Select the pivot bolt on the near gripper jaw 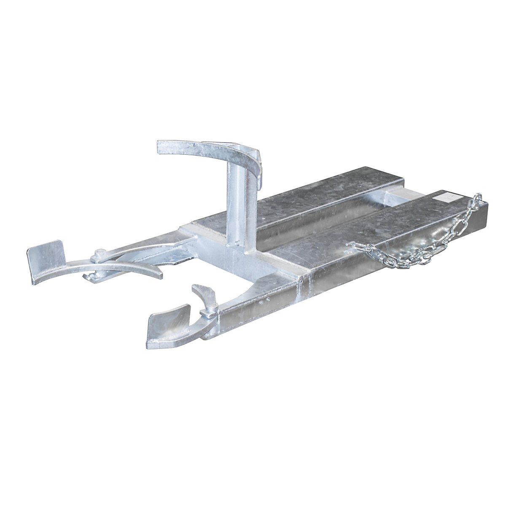tap(208, 312)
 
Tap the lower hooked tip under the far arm tap(91, 277)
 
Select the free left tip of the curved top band tap(162, 148)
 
